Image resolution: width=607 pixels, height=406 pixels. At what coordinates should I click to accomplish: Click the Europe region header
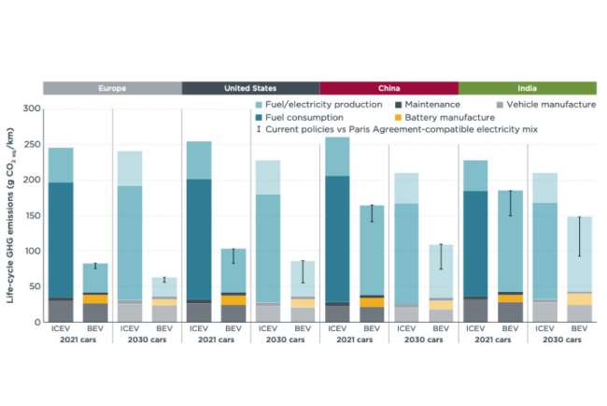pyautogui.click(x=112, y=88)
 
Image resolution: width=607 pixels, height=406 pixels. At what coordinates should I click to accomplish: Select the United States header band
pyautogui.click(x=250, y=88)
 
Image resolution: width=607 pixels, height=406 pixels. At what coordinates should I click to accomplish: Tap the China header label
pyautogui.click(x=389, y=88)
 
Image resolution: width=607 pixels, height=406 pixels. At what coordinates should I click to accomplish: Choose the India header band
pyautogui.click(x=528, y=88)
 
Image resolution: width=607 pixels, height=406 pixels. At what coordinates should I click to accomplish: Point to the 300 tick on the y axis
pyautogui.click(x=32, y=109)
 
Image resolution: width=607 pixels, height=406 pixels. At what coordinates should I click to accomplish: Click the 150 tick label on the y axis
pyautogui.click(x=32, y=215)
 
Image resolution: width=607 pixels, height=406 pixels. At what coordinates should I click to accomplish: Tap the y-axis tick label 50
pyautogui.click(x=34, y=286)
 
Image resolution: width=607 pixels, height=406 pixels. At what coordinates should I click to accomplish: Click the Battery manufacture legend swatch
pyautogui.click(x=398, y=118)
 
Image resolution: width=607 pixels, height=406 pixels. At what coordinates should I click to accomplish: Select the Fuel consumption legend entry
pyautogui.click(x=299, y=117)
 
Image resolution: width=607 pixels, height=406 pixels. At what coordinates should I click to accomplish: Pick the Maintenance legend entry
pyautogui.click(x=428, y=105)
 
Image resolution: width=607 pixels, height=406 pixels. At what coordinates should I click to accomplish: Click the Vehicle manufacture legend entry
pyautogui.click(x=546, y=105)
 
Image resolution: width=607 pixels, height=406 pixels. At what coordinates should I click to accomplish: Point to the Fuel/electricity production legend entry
pyautogui.click(x=318, y=105)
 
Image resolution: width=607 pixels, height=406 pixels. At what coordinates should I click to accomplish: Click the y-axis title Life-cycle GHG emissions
pyautogui.click(x=10, y=215)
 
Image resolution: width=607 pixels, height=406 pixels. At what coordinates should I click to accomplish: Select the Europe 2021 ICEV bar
pyautogui.click(x=61, y=235)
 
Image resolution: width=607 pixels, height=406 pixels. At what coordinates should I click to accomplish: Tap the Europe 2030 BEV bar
pyautogui.click(x=164, y=299)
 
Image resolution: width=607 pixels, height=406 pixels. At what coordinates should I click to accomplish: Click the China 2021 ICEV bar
pyautogui.click(x=337, y=229)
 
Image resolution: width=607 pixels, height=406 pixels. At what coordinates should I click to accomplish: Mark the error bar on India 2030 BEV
pyautogui.click(x=580, y=237)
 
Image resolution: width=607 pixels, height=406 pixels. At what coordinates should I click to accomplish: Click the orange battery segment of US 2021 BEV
pyautogui.click(x=233, y=300)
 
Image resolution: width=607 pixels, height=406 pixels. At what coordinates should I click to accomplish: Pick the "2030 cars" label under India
pyautogui.click(x=562, y=340)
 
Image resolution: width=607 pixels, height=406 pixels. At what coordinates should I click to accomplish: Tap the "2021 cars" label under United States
pyautogui.click(x=216, y=340)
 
